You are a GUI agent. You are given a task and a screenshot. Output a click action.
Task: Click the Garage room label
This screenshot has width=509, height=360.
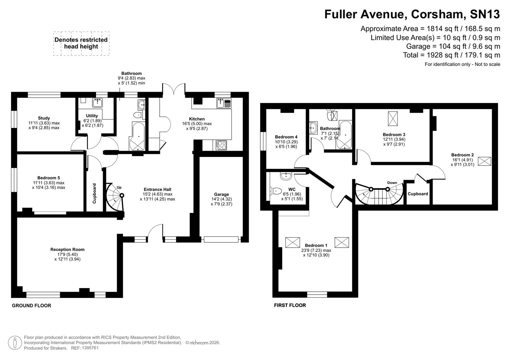(x=221, y=194)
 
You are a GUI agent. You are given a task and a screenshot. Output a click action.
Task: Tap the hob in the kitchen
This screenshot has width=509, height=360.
(x=221, y=145)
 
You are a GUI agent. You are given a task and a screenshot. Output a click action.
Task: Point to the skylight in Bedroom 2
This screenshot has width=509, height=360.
(x=484, y=161)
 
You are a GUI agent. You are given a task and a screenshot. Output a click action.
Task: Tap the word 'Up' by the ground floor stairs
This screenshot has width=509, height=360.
(x=119, y=187)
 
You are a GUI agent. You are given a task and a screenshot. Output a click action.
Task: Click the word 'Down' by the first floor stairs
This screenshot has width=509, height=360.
(x=392, y=183)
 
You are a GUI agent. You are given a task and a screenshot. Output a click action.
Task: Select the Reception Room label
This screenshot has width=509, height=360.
(x=67, y=249)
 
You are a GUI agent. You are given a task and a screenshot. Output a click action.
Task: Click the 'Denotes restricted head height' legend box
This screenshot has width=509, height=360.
(x=81, y=43)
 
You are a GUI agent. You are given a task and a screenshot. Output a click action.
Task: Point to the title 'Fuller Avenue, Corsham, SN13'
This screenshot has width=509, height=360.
(x=412, y=14)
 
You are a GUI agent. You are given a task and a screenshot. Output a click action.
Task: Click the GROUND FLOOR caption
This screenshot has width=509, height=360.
(x=31, y=305)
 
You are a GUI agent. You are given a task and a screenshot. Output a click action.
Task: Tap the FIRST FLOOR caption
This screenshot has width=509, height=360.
(x=290, y=305)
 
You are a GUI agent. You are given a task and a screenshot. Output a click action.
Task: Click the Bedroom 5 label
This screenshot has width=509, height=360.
(x=49, y=178)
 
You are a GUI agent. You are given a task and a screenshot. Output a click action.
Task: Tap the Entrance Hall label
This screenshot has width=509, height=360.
(x=157, y=189)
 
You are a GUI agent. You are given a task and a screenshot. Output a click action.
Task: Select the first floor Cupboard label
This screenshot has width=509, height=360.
(x=418, y=194)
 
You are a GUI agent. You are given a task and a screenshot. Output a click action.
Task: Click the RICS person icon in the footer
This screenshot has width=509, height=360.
(x=15, y=343)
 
